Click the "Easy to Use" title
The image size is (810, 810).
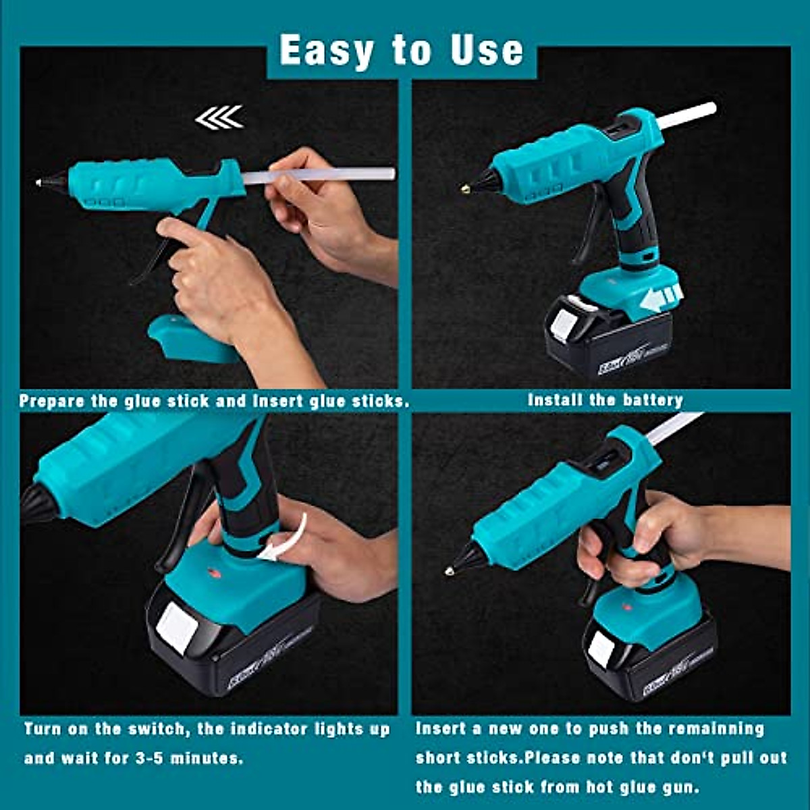tap(401, 51)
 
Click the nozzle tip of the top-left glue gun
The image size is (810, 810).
tap(39, 182)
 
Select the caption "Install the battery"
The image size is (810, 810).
tap(605, 400)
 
